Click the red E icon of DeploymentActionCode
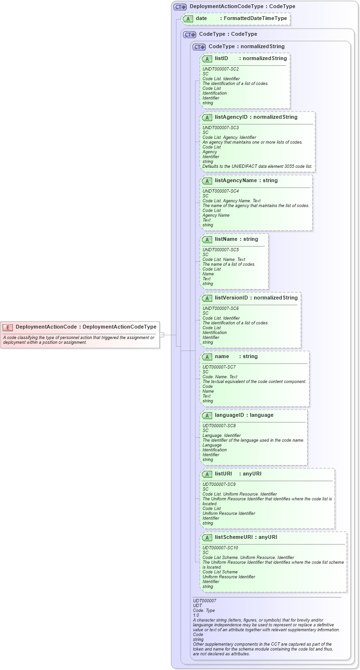(x=8, y=327)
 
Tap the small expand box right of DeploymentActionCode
(x=162, y=335)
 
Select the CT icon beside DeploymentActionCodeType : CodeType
(x=180, y=7)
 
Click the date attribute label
(x=201, y=19)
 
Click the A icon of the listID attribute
(x=207, y=59)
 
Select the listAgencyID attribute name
(x=231, y=117)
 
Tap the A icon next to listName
(x=207, y=239)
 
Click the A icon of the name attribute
(x=207, y=357)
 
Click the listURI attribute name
(x=223, y=474)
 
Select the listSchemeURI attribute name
(x=234, y=537)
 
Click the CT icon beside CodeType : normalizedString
(x=199, y=47)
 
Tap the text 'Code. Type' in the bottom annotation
(x=204, y=610)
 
